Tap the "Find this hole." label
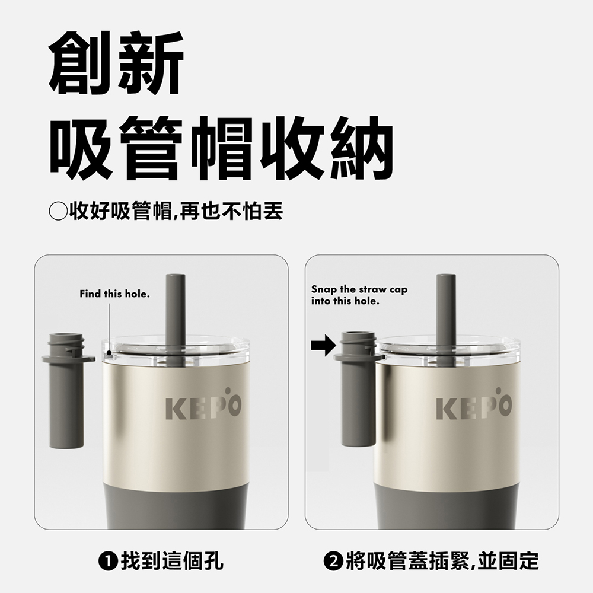115,294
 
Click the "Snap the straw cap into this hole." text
359,295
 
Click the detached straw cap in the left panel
66,391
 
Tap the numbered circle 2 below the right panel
333,560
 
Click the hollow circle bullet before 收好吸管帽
58,211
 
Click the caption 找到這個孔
171,560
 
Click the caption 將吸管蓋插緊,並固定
442,560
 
